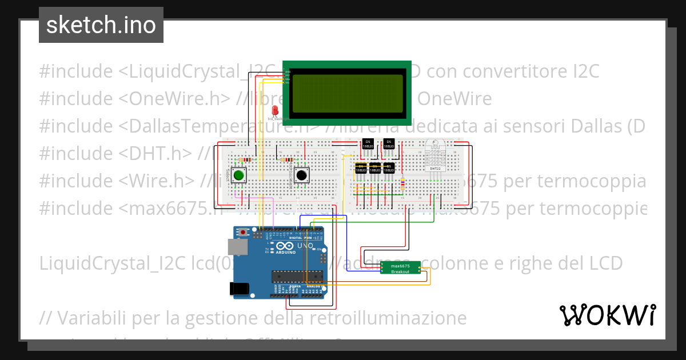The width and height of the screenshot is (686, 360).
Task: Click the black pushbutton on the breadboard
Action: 301,175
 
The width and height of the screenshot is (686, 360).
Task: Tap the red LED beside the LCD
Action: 275,110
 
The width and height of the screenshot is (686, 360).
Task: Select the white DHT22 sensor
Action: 435,155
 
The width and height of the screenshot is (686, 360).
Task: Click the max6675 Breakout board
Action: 400,269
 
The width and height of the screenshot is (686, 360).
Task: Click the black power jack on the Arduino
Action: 240,289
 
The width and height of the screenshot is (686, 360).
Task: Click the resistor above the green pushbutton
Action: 246,159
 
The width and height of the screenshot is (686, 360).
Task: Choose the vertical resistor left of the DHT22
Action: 404,183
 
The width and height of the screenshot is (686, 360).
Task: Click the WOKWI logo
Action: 607,315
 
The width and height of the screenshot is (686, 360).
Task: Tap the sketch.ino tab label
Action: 101,25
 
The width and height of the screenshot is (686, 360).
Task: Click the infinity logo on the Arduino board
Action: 284,246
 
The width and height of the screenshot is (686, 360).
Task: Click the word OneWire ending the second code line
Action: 454,99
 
